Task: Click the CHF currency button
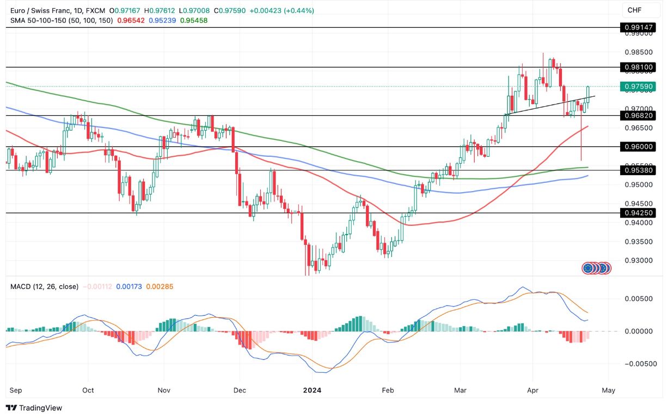click(634, 10)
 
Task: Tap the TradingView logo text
click(34, 408)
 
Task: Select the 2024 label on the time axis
click(312, 390)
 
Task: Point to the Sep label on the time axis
click(16, 390)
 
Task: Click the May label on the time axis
click(608, 390)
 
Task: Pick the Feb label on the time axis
click(387, 390)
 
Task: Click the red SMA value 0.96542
click(131, 20)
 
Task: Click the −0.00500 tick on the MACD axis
click(638, 364)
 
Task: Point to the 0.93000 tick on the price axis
click(639, 261)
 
